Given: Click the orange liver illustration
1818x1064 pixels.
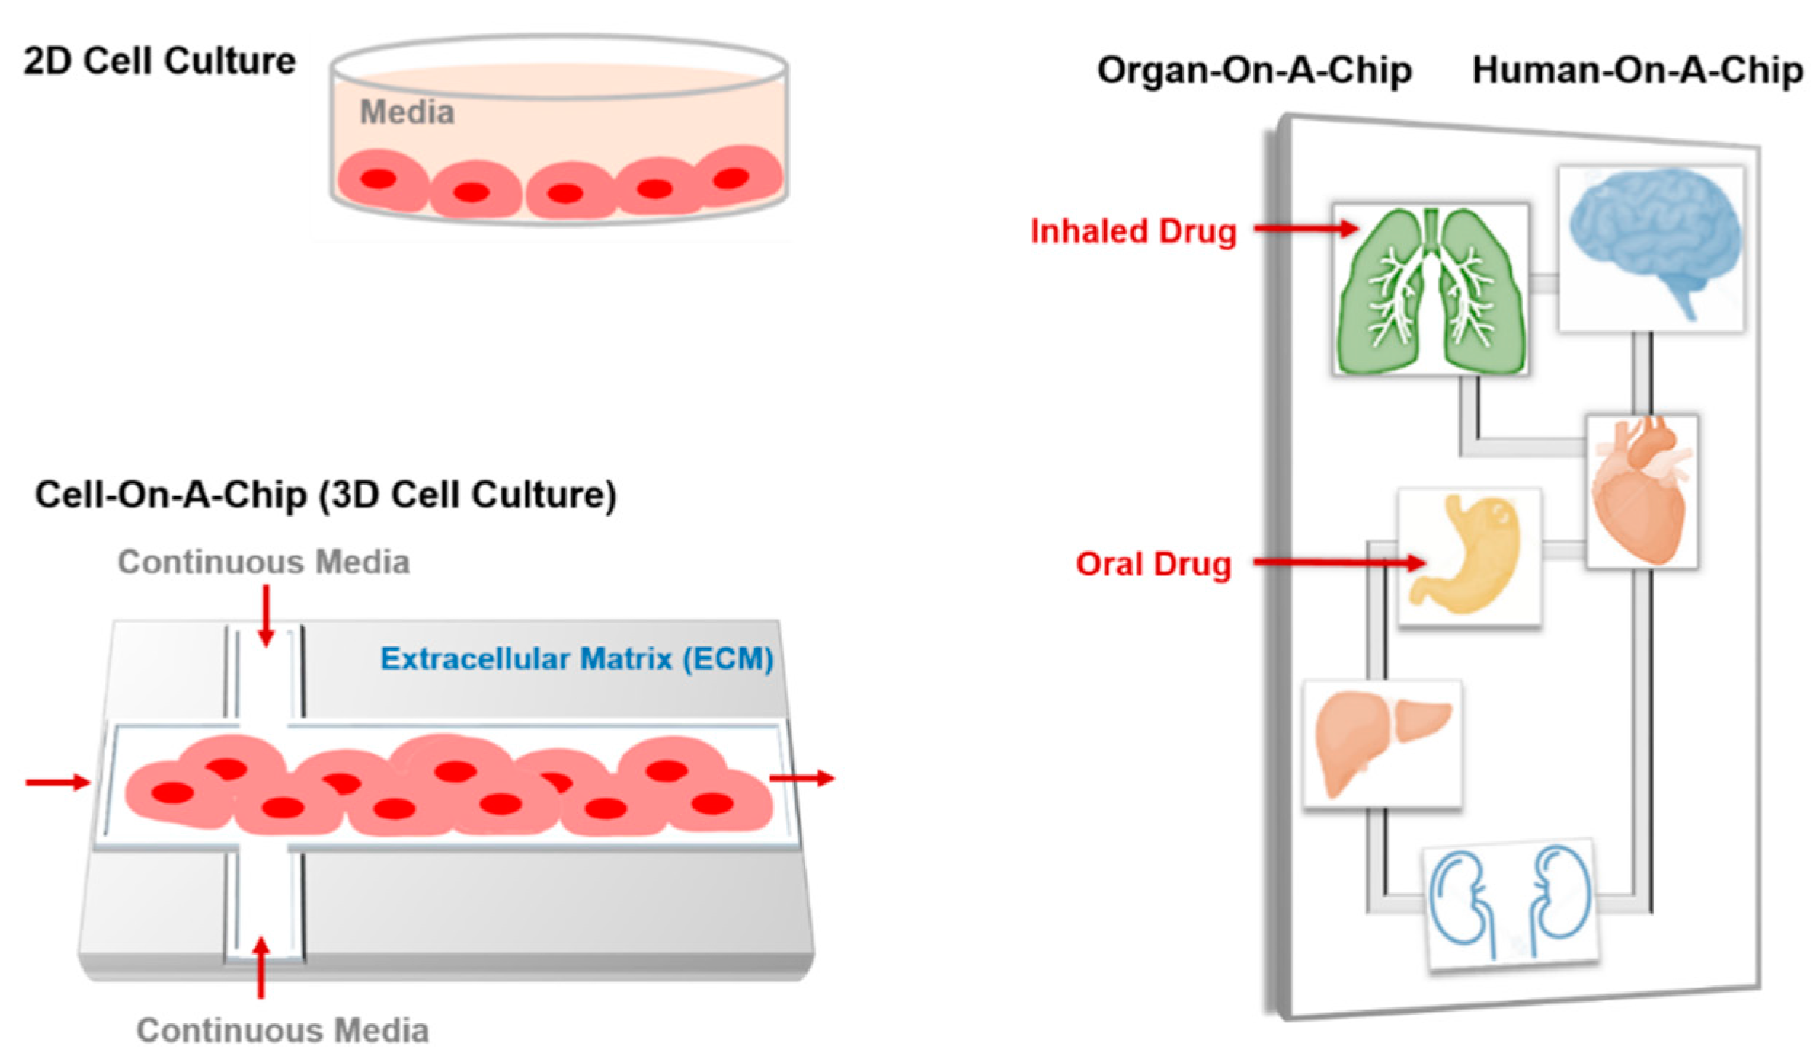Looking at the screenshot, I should pyautogui.click(x=1379, y=742).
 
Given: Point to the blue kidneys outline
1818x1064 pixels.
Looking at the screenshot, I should pyautogui.click(x=1510, y=902).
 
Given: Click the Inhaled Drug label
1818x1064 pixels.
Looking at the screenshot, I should pyautogui.click(x=1133, y=231).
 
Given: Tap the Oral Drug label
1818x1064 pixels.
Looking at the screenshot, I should pyautogui.click(x=1153, y=564).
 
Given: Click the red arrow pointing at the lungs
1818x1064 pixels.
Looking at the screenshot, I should pyautogui.click(x=1306, y=229).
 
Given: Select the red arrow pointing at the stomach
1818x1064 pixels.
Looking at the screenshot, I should pyautogui.click(x=1339, y=562).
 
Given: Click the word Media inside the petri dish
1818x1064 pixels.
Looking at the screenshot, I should pyautogui.click(x=407, y=112).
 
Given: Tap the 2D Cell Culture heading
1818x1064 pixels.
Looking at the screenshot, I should pyautogui.click(x=159, y=61).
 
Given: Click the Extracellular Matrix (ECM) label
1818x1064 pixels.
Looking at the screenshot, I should pyautogui.click(x=576, y=659).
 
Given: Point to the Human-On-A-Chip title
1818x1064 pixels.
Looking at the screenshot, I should pyautogui.click(x=1637, y=71).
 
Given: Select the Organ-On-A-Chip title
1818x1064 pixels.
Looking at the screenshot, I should pyautogui.click(x=1254, y=71).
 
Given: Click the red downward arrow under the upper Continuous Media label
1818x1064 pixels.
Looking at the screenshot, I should pyautogui.click(x=266, y=616).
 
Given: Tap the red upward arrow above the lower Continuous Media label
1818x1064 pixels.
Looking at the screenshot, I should pyautogui.click(x=261, y=968).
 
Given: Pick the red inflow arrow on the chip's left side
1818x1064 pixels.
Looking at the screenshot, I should pyautogui.click(x=58, y=782).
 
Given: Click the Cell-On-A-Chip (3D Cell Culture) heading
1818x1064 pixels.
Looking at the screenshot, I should pyautogui.click(x=325, y=495).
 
